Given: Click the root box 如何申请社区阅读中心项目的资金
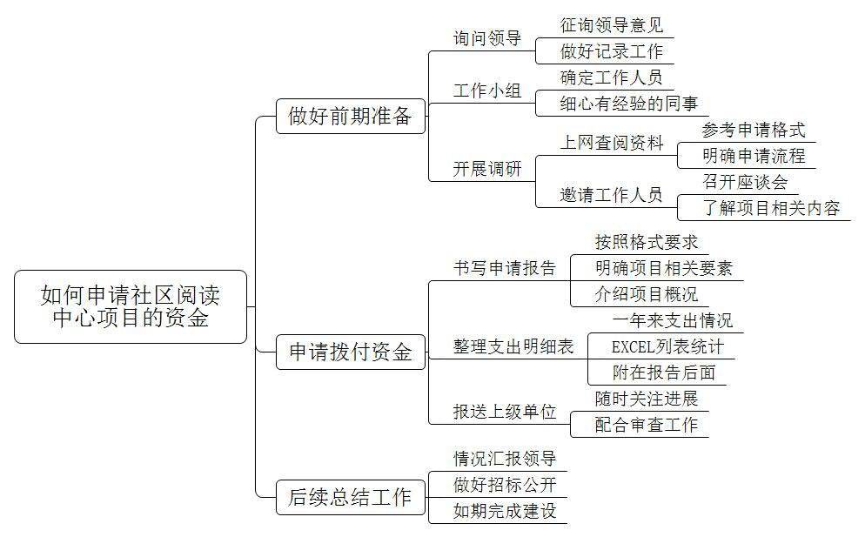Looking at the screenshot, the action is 131,307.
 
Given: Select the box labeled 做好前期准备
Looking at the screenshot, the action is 351,116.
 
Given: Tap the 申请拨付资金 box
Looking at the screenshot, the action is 351,352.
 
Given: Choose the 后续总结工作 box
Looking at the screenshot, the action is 351,497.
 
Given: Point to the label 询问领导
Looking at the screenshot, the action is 487,38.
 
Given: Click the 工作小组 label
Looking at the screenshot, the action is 487,90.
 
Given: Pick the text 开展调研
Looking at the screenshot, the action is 487,168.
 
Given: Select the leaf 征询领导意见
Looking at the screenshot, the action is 611,25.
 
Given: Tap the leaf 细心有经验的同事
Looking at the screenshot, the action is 629,104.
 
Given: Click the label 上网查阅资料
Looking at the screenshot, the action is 611,143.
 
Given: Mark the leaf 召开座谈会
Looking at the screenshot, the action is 745,182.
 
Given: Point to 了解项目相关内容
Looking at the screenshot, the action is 771,208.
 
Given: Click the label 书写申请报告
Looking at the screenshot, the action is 504,268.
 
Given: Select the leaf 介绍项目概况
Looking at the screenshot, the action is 646,293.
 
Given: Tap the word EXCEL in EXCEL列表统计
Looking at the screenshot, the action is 633,347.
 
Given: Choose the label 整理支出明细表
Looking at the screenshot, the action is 513,346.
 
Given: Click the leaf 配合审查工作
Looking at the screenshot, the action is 646,425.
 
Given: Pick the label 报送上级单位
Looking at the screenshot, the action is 504,411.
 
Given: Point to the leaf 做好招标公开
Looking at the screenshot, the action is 504,485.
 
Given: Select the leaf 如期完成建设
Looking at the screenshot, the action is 504,511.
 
